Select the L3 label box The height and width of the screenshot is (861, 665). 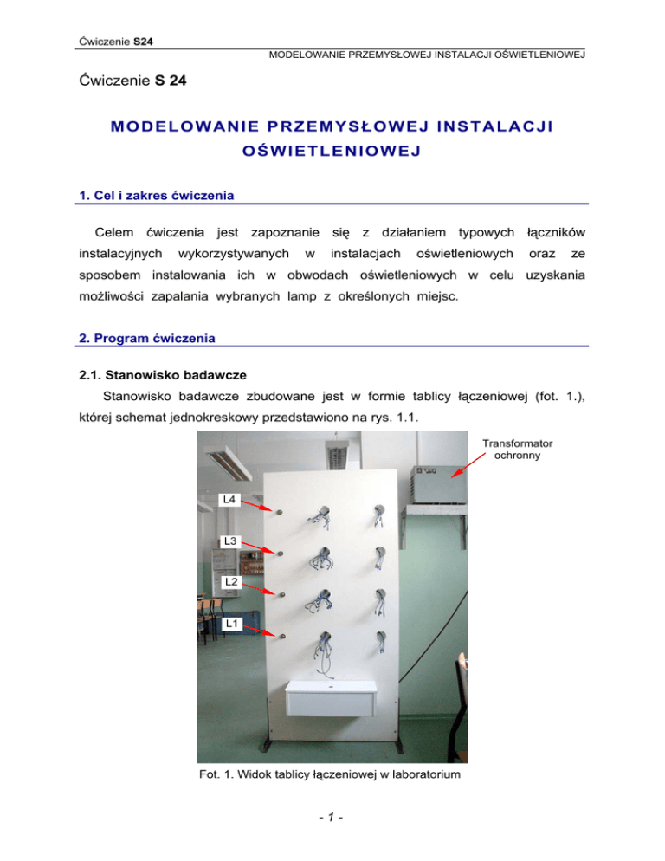[x=229, y=541]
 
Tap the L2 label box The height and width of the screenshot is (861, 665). [x=229, y=582]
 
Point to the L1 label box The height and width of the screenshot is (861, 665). [x=229, y=623]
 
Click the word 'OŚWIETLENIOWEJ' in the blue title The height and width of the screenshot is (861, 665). [x=332, y=153]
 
